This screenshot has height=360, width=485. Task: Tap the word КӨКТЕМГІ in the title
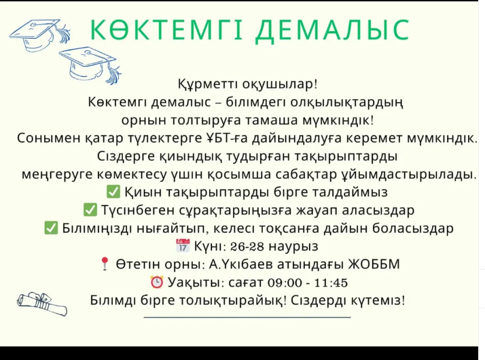point(166,30)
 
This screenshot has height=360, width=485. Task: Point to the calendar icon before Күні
point(183,246)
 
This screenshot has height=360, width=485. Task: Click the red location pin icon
point(105,264)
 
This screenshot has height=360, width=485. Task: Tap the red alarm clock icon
point(156,282)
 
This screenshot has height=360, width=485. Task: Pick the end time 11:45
point(331,283)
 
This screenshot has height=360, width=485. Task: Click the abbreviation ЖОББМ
point(374,264)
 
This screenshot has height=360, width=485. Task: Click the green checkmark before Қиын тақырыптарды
point(113,192)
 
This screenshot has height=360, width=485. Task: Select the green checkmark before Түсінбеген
point(90,209)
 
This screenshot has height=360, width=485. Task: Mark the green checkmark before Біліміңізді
point(51,228)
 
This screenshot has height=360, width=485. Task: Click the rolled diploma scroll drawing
point(42,304)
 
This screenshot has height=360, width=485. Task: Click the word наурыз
point(293,247)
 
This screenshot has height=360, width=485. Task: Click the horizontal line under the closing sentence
point(247,317)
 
